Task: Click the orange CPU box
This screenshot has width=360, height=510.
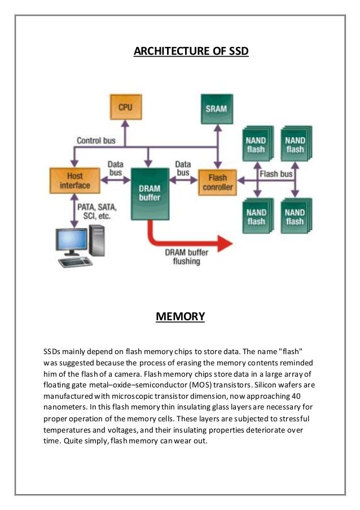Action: tap(125, 107)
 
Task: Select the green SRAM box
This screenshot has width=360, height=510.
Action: tap(216, 108)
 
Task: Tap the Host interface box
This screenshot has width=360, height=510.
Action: tap(71, 181)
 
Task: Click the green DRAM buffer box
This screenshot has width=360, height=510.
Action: tap(150, 193)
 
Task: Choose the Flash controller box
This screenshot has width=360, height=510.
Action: tap(217, 181)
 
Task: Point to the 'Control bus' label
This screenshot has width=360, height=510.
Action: tap(96, 140)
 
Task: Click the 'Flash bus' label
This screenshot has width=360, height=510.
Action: tap(276, 174)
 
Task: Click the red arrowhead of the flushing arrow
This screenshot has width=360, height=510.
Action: tap(224, 243)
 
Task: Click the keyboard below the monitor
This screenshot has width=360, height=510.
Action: tap(76, 263)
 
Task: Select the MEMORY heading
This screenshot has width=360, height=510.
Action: tap(180, 316)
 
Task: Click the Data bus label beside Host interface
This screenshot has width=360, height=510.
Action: tap(115, 168)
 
